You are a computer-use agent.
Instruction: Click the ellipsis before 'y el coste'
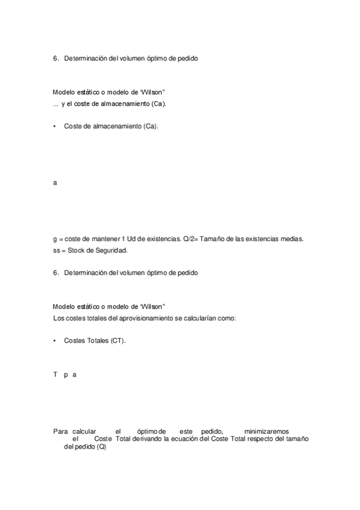(x=55, y=105)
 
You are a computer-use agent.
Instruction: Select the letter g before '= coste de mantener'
(x=55, y=239)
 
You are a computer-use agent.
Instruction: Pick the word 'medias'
(x=291, y=239)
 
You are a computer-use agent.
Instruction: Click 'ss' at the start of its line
(x=56, y=250)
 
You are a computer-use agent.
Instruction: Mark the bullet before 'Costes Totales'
(x=55, y=340)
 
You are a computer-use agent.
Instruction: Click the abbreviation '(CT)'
(x=118, y=340)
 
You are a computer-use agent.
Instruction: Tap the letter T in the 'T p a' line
(x=55, y=374)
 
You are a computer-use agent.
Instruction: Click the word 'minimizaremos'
(x=266, y=431)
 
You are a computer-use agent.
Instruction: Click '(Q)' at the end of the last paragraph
(x=100, y=447)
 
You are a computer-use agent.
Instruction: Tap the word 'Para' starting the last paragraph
(x=60, y=431)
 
